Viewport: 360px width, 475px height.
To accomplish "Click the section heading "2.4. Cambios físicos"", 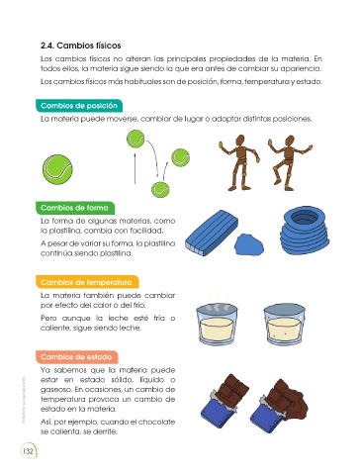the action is tap(81, 46).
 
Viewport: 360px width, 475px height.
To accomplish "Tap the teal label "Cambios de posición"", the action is tap(79, 106).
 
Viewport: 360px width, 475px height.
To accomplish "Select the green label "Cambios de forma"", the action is tap(75, 208).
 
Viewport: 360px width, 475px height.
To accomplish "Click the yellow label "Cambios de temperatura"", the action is tap(86, 282).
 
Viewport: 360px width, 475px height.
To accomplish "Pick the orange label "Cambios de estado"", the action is tap(76, 357).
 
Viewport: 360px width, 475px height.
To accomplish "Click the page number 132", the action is tap(28, 450).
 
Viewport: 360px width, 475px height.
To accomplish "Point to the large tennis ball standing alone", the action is tap(57, 169).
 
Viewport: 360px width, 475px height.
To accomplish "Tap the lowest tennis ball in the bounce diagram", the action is tap(160, 189).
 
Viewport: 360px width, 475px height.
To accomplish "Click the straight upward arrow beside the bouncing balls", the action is tap(135, 168).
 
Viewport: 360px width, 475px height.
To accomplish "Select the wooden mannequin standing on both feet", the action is tap(240, 162).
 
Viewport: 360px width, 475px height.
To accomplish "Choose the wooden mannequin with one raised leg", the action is tap(289, 162).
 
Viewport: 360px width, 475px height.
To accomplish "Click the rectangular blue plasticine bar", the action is tap(212, 233).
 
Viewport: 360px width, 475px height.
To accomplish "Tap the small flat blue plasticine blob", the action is tap(249, 244).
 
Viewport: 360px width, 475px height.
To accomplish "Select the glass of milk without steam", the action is tap(285, 325).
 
